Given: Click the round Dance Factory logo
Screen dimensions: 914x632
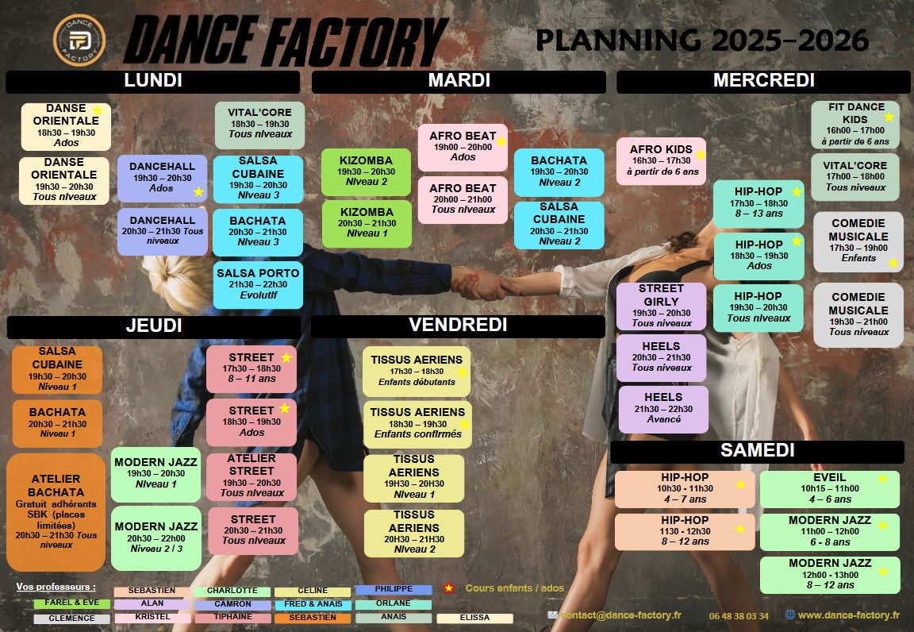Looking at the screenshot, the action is [79, 40].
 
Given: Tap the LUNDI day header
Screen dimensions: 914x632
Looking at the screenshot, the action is [152, 81].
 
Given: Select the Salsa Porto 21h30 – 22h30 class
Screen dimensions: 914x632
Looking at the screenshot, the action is [258, 284].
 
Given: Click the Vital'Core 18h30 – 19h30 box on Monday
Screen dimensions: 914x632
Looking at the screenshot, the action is [259, 125].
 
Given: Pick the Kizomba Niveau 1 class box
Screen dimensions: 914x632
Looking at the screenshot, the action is [367, 224].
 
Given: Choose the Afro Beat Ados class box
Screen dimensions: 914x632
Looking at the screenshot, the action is [463, 147].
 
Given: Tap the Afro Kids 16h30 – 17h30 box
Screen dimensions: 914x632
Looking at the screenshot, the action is [661, 161].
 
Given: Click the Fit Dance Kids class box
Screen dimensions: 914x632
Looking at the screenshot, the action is [855, 125].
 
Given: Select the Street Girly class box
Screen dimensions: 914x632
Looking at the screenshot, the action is [661, 306].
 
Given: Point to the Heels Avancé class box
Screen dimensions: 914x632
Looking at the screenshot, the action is [663, 409].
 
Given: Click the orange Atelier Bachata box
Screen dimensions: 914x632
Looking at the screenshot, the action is [56, 512].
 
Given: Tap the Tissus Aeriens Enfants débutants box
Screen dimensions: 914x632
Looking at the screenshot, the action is [417, 371].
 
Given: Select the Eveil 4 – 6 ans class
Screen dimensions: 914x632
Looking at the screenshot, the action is [829, 489].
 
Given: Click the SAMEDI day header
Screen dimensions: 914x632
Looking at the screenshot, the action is [757, 451].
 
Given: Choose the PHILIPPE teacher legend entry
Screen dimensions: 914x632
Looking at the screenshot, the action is [394, 590].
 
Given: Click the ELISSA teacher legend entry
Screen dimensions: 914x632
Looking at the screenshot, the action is [474, 618].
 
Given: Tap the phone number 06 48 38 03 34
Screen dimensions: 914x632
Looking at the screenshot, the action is [739, 616].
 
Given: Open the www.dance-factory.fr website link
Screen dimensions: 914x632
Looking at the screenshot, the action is [847, 615].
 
